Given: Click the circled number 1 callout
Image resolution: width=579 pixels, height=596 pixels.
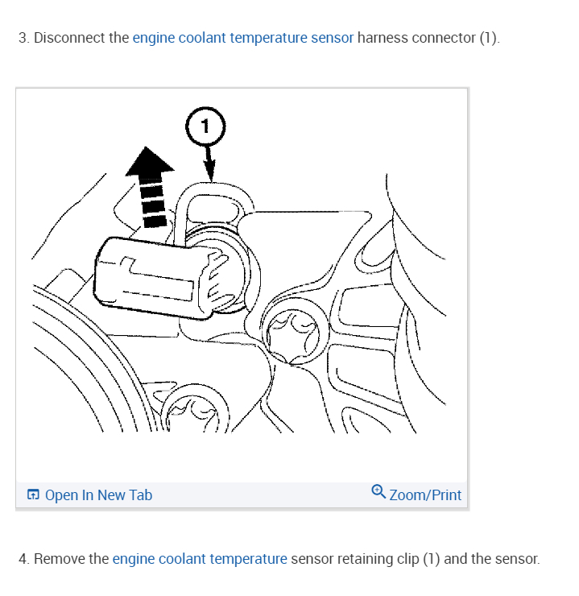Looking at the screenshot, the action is (205, 126).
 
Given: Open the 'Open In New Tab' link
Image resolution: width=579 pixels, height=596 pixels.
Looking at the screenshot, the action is (98, 495).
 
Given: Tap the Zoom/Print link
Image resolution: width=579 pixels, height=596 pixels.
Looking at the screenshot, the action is (425, 495).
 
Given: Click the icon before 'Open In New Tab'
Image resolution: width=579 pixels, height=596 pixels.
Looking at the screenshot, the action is (33, 495).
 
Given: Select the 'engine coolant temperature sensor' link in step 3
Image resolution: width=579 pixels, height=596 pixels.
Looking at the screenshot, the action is (242, 38).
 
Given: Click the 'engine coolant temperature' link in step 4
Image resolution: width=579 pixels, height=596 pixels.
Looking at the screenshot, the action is (200, 558).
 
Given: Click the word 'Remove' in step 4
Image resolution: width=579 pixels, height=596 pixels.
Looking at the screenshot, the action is (71, 558).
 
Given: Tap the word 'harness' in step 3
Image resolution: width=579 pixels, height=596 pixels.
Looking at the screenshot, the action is (383, 38).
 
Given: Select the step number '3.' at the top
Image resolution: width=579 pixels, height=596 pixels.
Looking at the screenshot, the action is (23, 38).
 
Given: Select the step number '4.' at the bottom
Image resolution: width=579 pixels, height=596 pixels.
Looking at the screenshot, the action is (23, 558).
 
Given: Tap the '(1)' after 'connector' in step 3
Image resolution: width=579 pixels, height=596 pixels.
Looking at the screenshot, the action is (489, 38).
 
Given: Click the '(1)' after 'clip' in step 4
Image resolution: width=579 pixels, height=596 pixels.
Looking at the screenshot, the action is (430, 558).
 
